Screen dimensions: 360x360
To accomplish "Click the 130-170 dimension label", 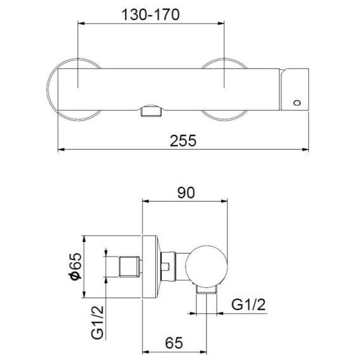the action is click(x=150, y=15).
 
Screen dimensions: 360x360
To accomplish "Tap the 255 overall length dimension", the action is click(x=183, y=141).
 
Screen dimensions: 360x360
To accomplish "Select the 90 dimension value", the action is click(x=186, y=193).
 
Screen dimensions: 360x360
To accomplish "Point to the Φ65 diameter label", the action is click(x=76, y=266).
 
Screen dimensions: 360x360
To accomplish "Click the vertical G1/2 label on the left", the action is click(x=98, y=323).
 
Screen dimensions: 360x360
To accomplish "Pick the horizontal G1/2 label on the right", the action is click(x=248, y=304).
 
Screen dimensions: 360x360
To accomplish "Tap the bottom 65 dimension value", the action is click(x=174, y=343).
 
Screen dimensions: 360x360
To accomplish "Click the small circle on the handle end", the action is click(x=297, y=103).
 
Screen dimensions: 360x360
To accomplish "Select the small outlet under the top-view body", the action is click(x=151, y=111).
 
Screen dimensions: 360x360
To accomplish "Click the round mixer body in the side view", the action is click(x=207, y=266).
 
